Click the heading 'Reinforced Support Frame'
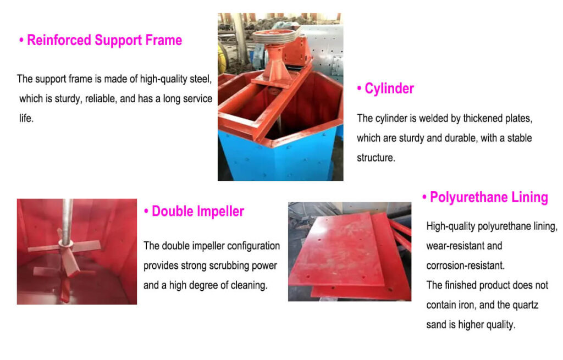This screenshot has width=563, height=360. [x=104, y=40]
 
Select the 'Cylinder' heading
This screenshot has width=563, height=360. [x=389, y=88]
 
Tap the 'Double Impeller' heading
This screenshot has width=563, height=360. [x=198, y=211]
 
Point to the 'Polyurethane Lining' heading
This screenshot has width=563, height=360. [x=489, y=197]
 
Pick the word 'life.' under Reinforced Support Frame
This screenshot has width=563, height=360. [x=26, y=118]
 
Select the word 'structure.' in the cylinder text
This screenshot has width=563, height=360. [x=376, y=158]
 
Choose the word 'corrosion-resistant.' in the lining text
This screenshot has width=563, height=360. [x=466, y=265]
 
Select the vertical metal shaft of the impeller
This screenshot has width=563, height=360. [x=67, y=223]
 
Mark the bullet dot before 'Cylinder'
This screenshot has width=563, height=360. [x=359, y=89]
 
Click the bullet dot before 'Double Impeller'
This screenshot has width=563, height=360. [x=146, y=212]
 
